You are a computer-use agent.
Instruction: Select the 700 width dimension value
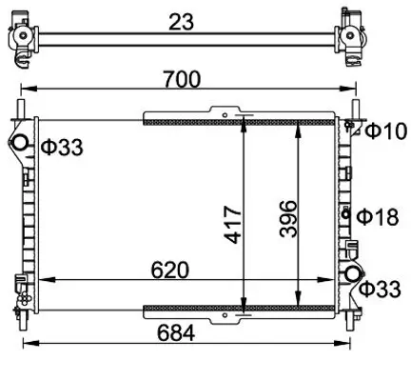click(x=180, y=80)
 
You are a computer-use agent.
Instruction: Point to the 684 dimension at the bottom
click(x=177, y=333)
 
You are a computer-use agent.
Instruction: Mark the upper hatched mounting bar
click(x=238, y=119)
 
